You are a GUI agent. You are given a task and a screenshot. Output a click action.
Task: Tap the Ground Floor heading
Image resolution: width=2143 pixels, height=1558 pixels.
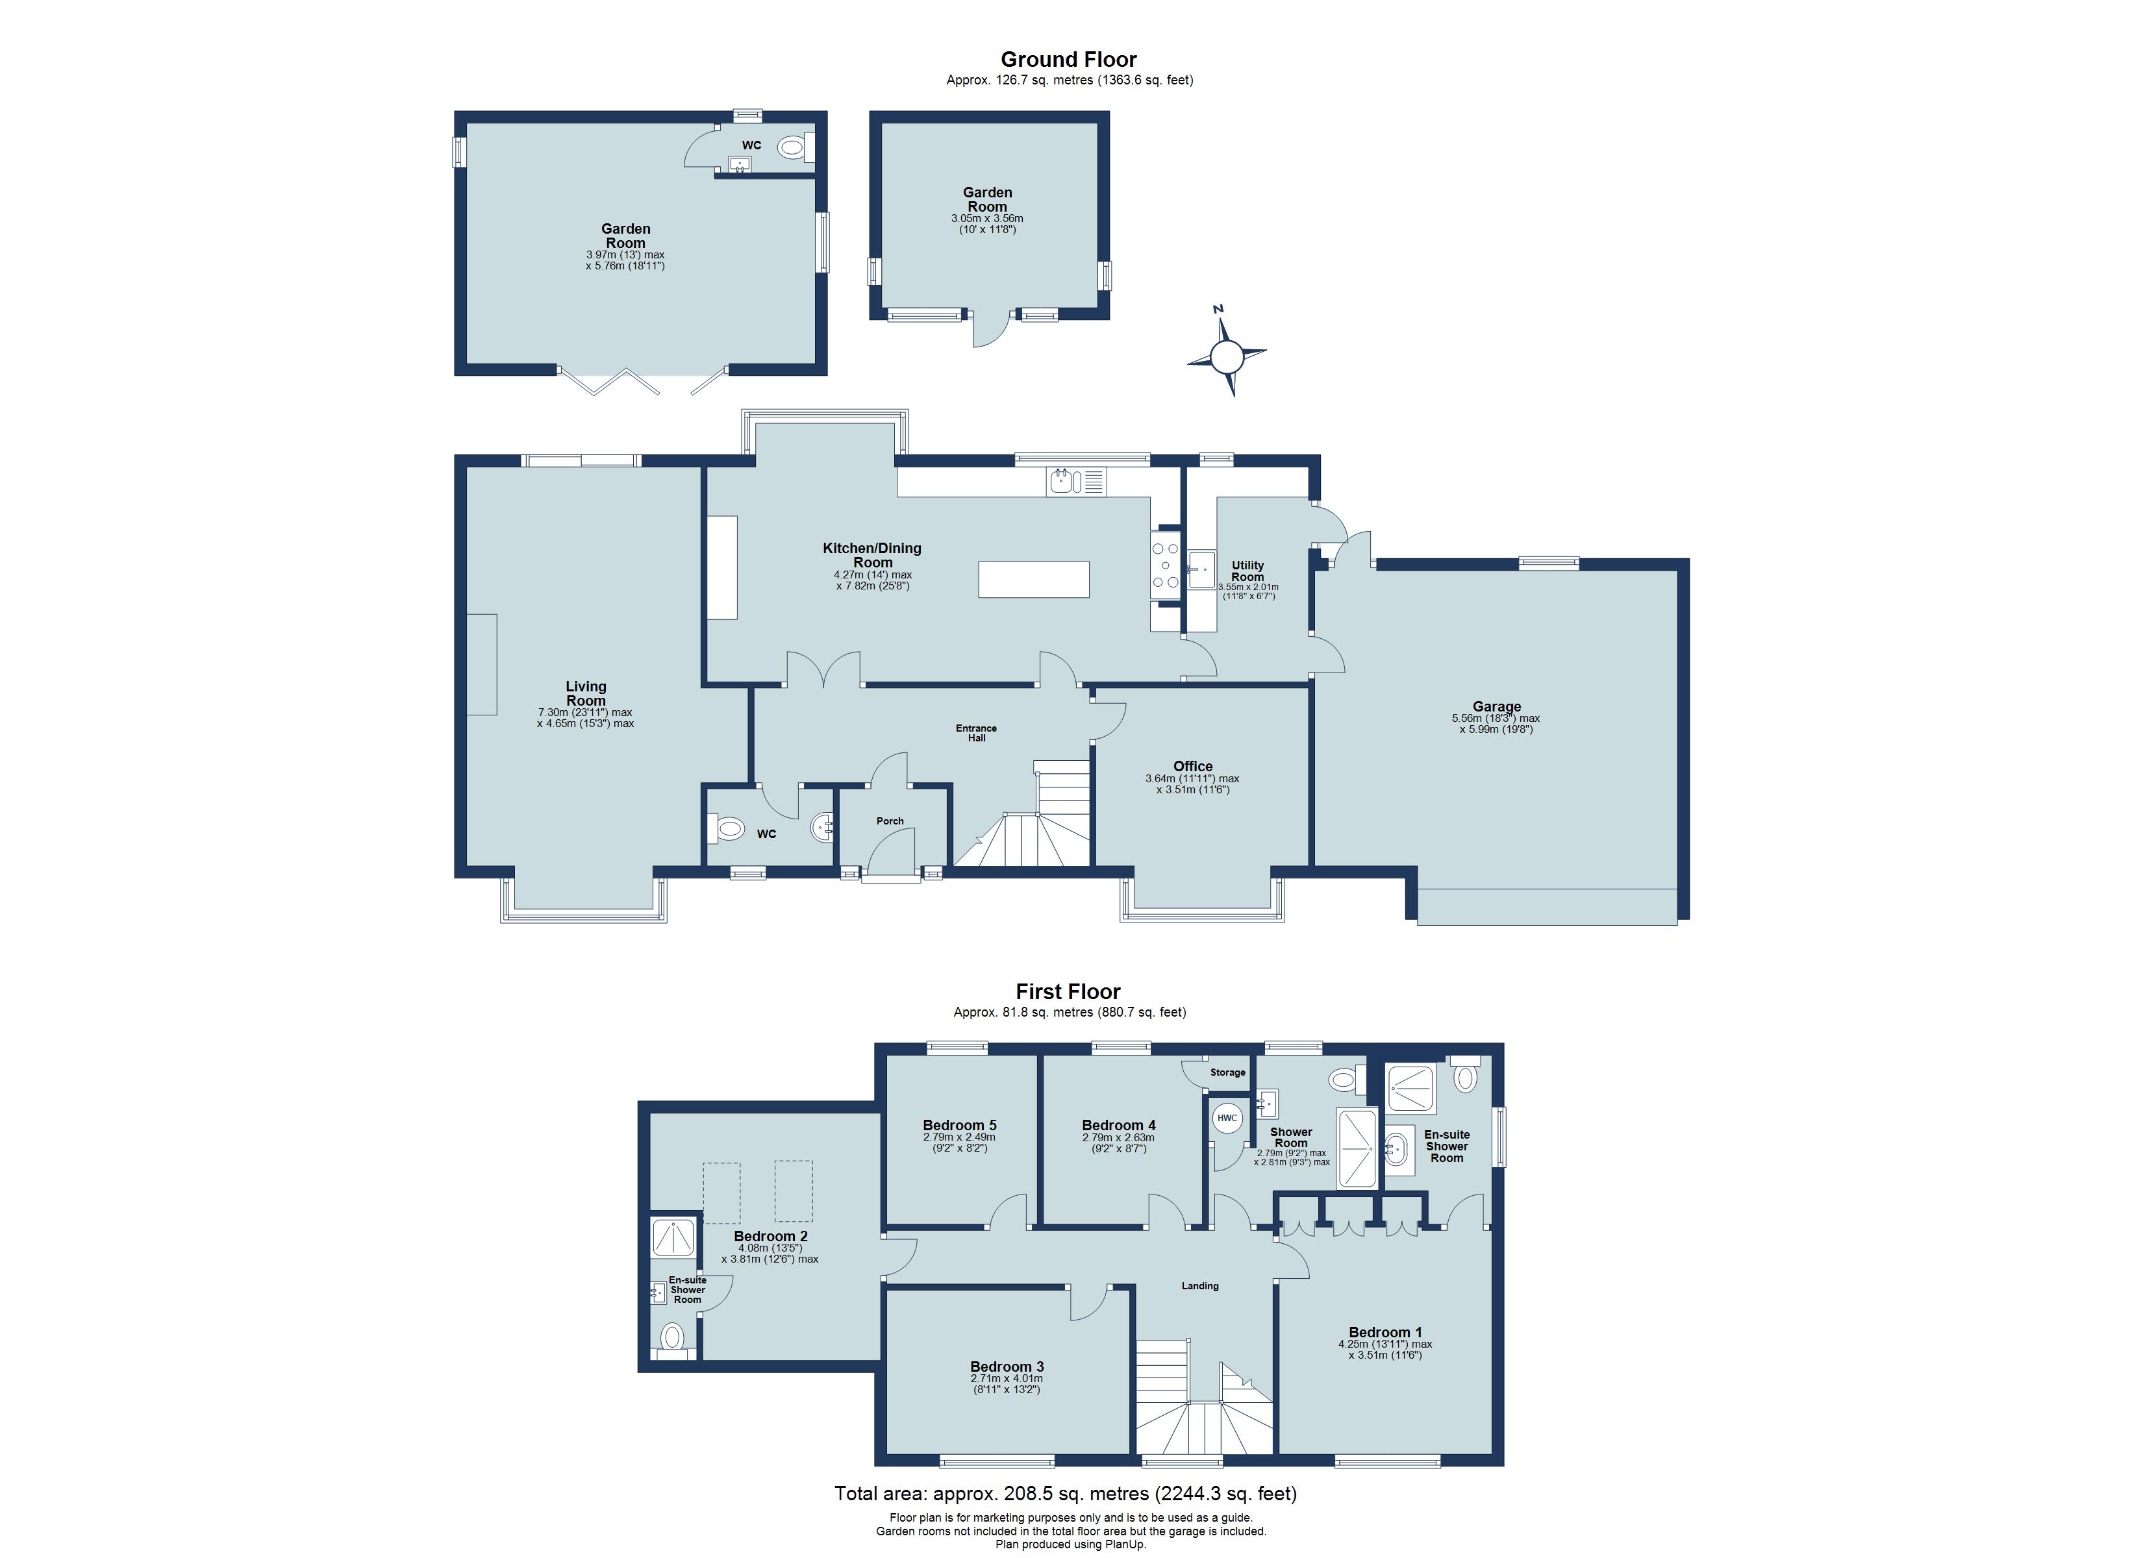pos(1069,60)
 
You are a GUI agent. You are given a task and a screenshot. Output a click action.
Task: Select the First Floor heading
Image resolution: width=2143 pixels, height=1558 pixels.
pos(1068,991)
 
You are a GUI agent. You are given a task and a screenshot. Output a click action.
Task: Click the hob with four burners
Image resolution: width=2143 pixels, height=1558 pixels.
pos(1164,565)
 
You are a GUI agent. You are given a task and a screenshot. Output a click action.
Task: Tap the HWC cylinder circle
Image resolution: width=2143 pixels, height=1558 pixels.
pos(1227,1119)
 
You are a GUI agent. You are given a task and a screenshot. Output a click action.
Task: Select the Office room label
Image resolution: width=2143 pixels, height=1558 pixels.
pos(1192,766)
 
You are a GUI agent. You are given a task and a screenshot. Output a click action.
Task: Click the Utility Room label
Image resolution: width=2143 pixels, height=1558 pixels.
pos(1247,571)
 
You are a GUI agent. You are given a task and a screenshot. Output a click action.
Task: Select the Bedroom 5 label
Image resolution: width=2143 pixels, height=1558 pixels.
pos(959,1125)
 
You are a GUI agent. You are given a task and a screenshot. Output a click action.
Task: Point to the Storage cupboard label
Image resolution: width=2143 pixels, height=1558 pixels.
pos(1227,1072)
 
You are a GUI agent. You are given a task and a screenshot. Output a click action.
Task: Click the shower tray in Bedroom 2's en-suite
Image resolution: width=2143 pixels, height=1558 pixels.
pos(673,1237)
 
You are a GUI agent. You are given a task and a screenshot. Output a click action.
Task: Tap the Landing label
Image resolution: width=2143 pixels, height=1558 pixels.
pos(1200,1286)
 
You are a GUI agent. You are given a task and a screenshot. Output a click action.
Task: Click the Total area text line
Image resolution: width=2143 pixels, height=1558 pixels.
pos(1065,1494)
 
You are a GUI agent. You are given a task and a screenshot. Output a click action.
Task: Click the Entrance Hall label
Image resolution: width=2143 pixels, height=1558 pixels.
pos(976,732)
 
